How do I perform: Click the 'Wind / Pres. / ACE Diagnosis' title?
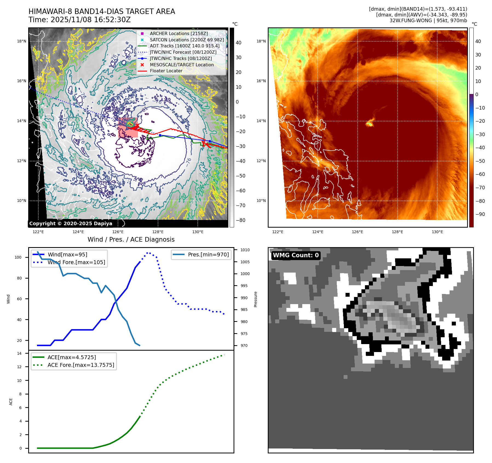[131, 239]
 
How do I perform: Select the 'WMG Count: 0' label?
[296, 255]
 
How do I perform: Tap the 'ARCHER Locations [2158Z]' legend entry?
[179, 33]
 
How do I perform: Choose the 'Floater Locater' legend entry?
[166, 71]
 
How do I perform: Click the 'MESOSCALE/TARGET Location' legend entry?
[182, 65]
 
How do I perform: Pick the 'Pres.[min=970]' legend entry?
[208, 255]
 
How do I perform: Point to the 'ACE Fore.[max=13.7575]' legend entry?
[81, 365]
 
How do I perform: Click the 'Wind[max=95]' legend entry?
[67, 255]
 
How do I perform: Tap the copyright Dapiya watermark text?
[71, 224]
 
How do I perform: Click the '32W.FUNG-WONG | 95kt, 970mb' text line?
[428, 21]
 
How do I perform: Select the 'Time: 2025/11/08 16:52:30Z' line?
[79, 20]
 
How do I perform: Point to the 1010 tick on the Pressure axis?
[245, 250]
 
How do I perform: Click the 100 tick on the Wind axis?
[18, 257]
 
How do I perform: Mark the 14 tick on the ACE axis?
[19, 353]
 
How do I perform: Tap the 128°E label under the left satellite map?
[158, 232]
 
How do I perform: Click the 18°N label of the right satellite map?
[261, 41]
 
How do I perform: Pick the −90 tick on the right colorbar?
[480, 214]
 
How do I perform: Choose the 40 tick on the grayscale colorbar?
[238, 43]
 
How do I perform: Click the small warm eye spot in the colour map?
[370, 124]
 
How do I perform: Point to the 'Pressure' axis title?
[255, 299]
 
